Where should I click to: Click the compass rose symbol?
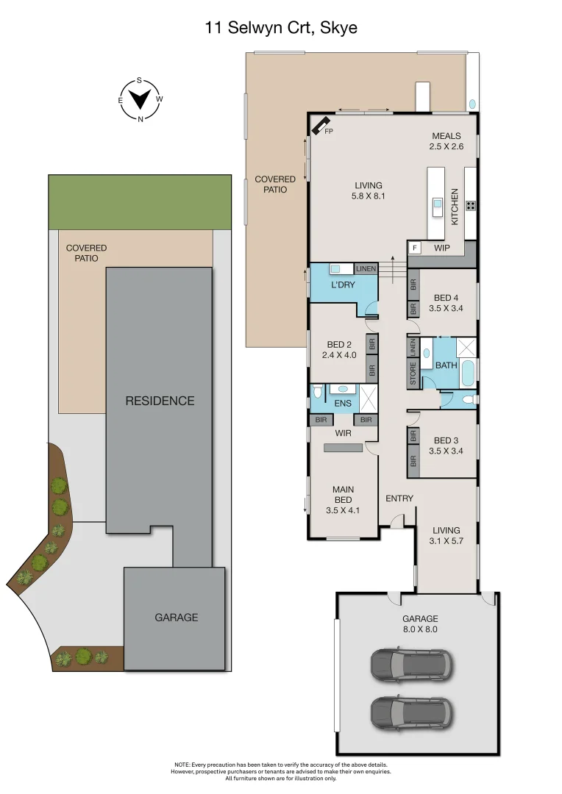tap(140, 99)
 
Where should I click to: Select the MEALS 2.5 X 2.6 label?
tap(446, 141)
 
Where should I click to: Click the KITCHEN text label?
tap(455, 206)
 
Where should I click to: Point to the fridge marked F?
tap(415, 248)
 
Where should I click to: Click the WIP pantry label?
tap(441, 248)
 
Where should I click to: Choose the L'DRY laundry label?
tap(344, 284)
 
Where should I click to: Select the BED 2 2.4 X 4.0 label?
tap(338, 349)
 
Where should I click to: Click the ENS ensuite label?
tap(342, 404)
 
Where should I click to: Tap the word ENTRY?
tap(399, 498)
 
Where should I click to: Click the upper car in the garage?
tap(410, 665)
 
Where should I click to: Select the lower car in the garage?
tap(410, 712)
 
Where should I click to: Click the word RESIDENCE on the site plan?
tap(160, 401)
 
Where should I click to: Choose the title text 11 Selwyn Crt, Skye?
tap(281, 28)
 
